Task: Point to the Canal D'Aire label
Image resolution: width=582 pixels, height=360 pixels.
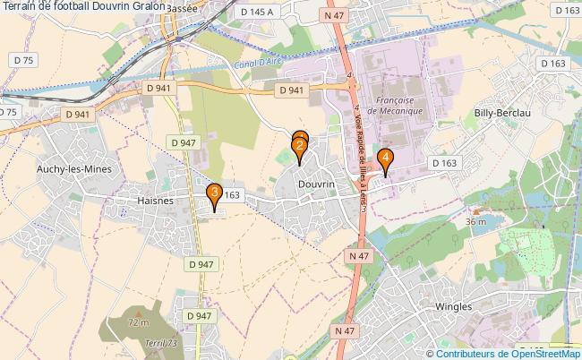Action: (x=255, y=67)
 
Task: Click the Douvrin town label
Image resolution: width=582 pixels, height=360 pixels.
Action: (x=315, y=183)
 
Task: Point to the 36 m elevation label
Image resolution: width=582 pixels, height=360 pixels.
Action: (x=475, y=220)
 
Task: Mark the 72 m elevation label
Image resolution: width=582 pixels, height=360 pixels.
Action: (x=138, y=322)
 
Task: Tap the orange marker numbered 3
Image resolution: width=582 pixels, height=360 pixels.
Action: (x=215, y=193)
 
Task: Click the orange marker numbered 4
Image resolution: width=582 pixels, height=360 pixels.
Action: (x=385, y=159)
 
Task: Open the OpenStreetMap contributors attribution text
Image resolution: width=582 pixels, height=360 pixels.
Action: (x=503, y=353)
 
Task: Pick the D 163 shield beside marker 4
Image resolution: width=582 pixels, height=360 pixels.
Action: (x=445, y=163)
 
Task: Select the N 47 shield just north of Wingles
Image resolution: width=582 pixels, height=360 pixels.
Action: (x=359, y=256)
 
